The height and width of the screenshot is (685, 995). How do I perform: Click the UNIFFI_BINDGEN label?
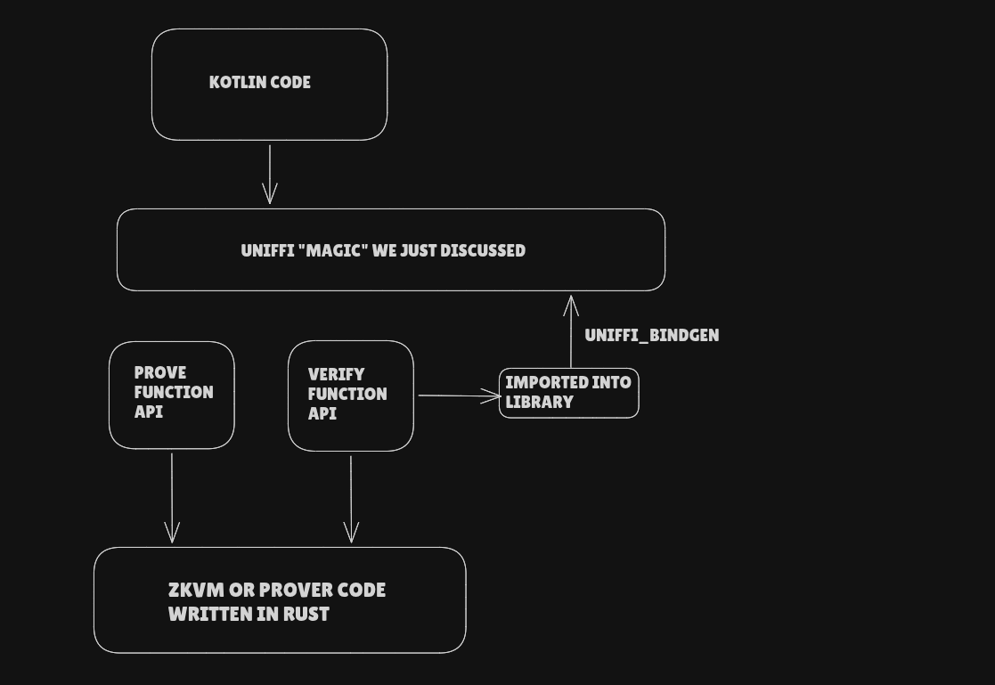[x=652, y=335]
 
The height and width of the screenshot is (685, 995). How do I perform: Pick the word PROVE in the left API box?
[x=160, y=372]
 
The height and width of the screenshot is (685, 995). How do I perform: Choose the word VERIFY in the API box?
[x=337, y=374]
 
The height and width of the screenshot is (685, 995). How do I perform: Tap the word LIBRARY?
[x=540, y=402]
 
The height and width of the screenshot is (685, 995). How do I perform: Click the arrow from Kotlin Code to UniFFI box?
[x=270, y=175]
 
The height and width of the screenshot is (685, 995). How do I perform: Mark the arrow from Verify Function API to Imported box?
[x=460, y=396]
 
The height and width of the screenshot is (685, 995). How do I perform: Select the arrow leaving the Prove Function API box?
[x=172, y=498]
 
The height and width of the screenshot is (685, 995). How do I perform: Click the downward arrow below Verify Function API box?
[x=351, y=500]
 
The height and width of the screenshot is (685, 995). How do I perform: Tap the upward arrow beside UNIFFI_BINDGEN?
[x=571, y=331]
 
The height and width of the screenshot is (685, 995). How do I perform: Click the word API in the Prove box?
[x=149, y=412]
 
